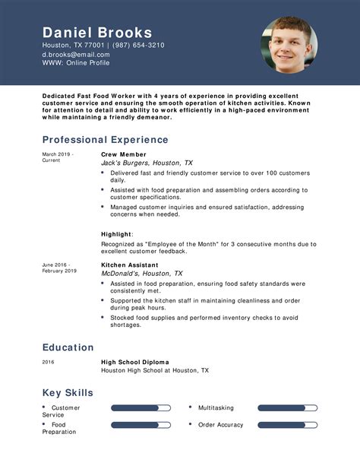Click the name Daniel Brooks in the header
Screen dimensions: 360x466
pos(97,33)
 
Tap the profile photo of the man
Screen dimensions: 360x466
pos(289,46)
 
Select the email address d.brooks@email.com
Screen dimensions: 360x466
pos(76,55)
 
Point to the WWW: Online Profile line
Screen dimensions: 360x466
pos(76,63)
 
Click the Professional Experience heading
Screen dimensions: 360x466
pos(105,140)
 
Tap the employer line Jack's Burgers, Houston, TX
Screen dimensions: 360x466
pos(147,163)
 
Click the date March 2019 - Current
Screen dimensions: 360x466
pos(57,157)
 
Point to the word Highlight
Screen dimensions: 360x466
pos(117,234)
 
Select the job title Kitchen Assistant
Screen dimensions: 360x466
pos(130,265)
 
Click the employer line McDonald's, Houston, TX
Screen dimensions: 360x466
pos(141,274)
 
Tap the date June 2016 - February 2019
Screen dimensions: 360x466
pos(59,268)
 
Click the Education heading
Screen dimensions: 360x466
pos(68,347)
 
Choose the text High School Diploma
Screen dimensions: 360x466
pos(135,362)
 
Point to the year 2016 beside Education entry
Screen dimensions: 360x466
pos(49,362)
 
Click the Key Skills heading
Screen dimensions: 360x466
pos(68,393)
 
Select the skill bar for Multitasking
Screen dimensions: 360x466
pos(287,408)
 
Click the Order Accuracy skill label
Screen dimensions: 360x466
pos(221,425)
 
